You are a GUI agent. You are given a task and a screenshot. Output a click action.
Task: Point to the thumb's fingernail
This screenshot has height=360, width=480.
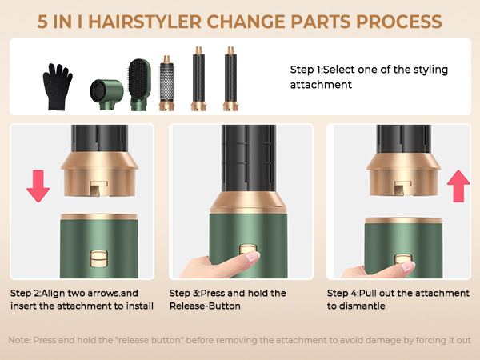253,258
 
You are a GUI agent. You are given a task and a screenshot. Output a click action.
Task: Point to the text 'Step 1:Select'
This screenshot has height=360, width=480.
325,70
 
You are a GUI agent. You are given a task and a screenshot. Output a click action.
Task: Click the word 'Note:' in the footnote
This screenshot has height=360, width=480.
20,340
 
